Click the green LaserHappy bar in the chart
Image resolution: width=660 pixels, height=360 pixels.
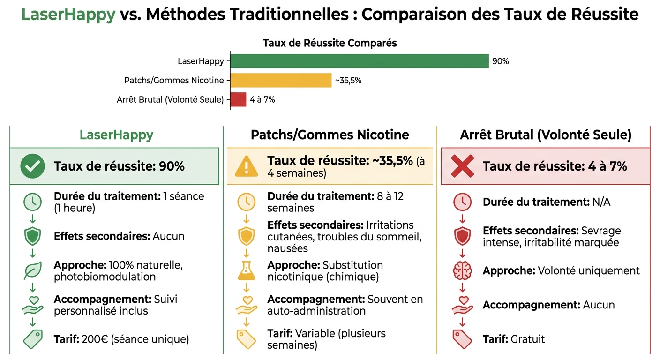click(x=359, y=61)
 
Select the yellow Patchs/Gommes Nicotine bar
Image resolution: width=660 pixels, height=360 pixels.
click(x=281, y=80)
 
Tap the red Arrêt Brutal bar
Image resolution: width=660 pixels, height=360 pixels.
click(x=238, y=99)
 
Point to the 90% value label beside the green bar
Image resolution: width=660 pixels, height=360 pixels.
click(x=500, y=61)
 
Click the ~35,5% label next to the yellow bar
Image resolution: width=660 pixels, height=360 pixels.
click(x=348, y=81)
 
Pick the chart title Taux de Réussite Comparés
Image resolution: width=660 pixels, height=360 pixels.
click(x=330, y=43)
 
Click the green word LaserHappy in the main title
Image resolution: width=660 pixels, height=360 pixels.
click(x=68, y=15)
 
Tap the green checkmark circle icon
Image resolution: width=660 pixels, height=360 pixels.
click(x=33, y=166)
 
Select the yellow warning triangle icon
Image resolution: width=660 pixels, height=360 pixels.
click(x=246, y=166)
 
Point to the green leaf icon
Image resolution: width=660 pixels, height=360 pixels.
click(x=33, y=270)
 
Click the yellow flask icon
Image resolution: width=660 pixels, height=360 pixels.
click(x=246, y=270)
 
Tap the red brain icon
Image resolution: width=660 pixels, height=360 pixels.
click(x=462, y=271)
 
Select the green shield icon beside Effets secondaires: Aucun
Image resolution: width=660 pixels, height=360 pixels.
click(x=33, y=236)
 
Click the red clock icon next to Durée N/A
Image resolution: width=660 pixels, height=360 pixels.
click(x=462, y=202)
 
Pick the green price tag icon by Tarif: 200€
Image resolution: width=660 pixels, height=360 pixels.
click(x=33, y=338)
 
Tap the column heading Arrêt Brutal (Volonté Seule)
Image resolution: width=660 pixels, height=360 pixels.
click(x=546, y=135)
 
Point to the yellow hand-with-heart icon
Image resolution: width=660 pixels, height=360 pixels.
click(x=246, y=304)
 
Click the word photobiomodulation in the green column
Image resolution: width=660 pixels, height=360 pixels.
click(x=105, y=277)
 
